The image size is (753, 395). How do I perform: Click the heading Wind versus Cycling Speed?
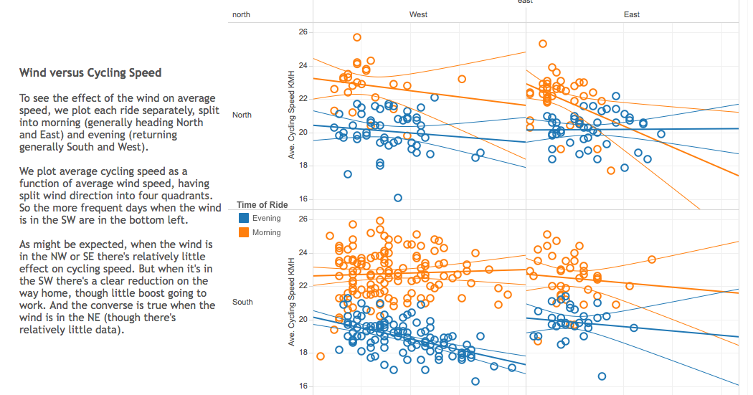90,72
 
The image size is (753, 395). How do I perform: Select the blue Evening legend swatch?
244,219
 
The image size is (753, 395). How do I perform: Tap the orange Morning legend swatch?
244,233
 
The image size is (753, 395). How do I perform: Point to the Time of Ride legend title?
262,205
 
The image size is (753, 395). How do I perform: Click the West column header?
419,14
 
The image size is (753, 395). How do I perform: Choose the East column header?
632,14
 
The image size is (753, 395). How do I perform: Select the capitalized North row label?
242,115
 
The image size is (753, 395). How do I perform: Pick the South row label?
242,302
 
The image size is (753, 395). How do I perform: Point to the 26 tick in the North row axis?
303,32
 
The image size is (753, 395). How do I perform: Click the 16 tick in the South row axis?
303,386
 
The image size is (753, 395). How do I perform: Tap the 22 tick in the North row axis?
303,99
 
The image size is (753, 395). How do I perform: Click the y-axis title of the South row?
292,302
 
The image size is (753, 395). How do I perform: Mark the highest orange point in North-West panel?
357,37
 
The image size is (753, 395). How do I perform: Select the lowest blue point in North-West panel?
398,198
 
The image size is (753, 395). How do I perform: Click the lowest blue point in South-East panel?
602,376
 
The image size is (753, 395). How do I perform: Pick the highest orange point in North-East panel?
543,44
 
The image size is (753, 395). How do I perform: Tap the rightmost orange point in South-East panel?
652,260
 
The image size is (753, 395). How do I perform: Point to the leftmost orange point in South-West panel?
321,356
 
